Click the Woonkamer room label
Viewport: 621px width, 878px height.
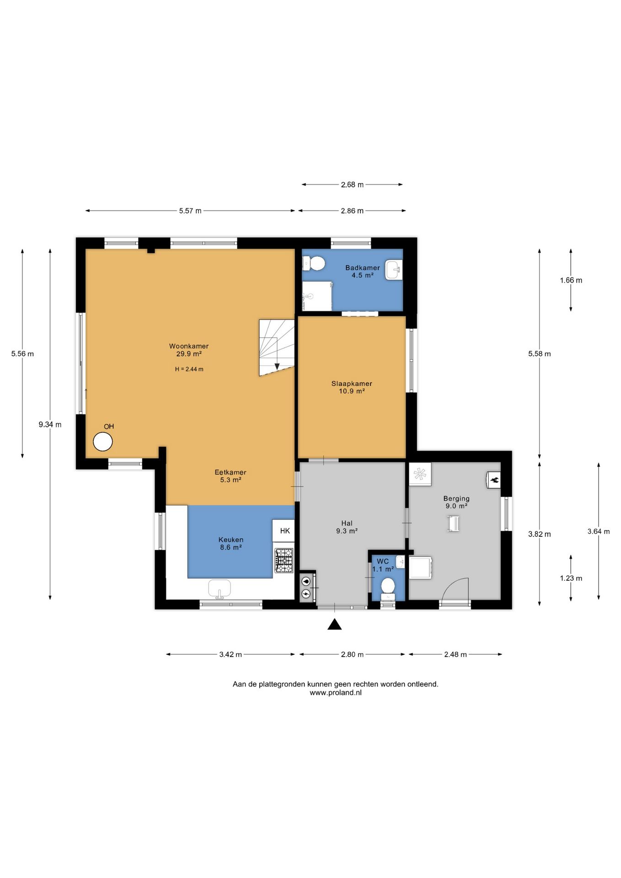pos(189,346)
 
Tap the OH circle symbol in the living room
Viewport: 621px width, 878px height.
pos(103,442)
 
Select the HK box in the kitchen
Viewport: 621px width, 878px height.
pos(284,531)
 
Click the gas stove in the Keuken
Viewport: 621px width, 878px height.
pos(284,561)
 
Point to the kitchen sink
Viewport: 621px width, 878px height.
pos(220,589)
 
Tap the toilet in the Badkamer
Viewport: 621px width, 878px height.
pos(314,264)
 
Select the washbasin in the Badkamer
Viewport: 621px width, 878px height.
pos(393,270)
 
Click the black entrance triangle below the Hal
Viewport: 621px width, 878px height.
pos(335,624)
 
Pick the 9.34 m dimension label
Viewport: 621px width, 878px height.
pos(50,424)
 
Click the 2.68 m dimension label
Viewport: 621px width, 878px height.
pos(352,185)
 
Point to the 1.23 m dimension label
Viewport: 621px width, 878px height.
pos(571,578)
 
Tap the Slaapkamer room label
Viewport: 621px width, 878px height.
pos(352,384)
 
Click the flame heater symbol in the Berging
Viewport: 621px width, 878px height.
pos(493,480)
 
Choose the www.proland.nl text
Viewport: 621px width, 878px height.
pos(336,693)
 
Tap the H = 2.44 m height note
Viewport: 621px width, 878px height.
pos(189,369)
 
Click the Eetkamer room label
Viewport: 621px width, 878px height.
pos(230,472)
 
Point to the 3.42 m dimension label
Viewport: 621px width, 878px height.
pos(230,654)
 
